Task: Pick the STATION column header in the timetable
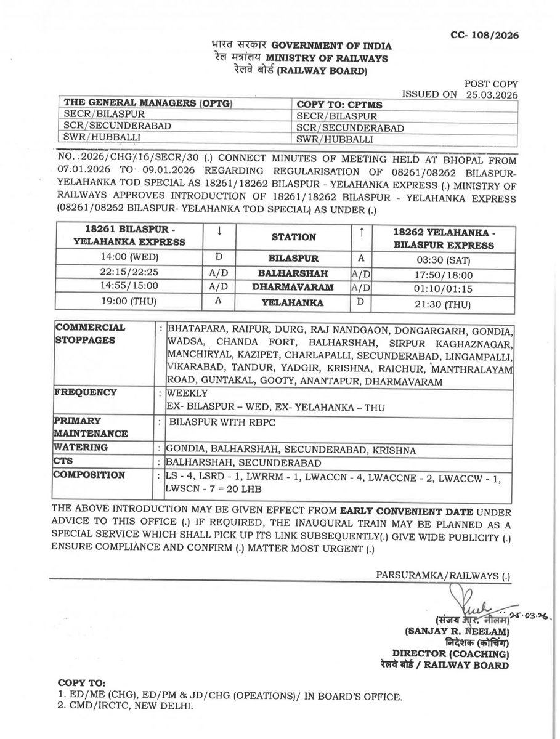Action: pos(296,236)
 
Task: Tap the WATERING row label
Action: pos(81,448)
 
